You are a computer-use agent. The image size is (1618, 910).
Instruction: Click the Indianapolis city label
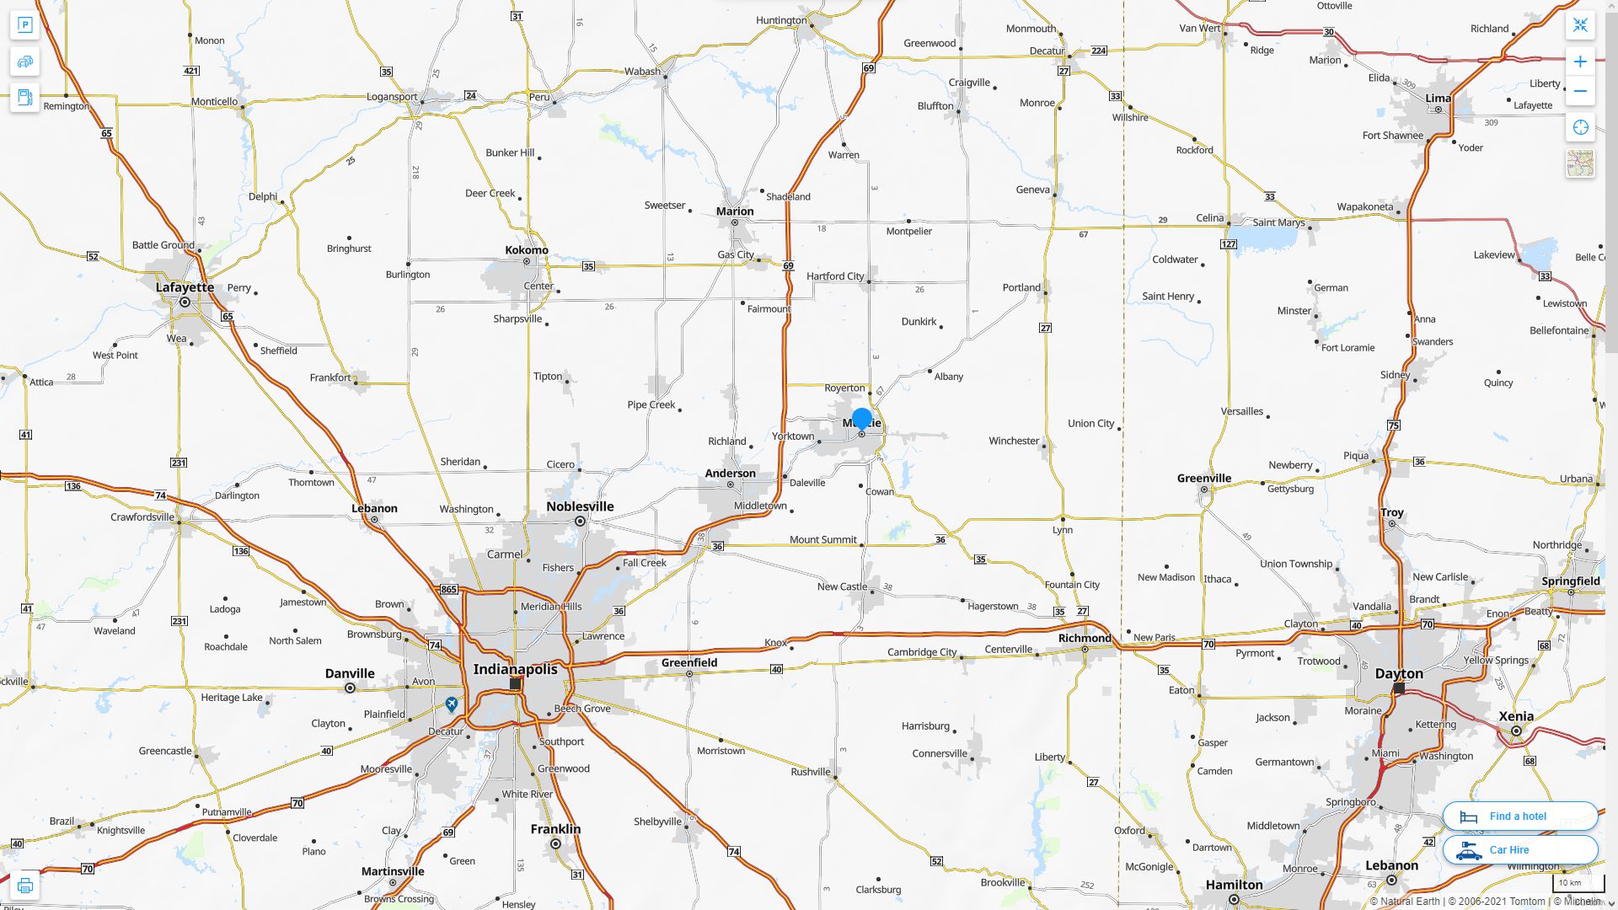click(x=515, y=669)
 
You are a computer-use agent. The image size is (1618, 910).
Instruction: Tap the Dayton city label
click(x=1399, y=673)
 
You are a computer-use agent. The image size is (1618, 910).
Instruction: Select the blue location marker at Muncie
click(x=861, y=418)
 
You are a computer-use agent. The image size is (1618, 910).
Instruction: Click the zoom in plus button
click(x=1580, y=62)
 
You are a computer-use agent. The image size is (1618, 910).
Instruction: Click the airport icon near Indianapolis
click(x=452, y=704)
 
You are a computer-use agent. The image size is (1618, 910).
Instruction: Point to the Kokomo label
click(x=527, y=249)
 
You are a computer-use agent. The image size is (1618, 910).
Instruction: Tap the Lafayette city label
click(x=185, y=286)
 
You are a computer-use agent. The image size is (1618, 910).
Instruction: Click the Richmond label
click(x=1085, y=638)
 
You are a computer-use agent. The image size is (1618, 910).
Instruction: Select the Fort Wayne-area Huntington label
click(x=781, y=20)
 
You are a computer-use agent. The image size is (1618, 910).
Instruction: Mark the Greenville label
click(x=1203, y=478)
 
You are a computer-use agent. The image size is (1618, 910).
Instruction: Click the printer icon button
click(x=24, y=886)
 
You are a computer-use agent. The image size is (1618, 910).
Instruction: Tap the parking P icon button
click(x=24, y=25)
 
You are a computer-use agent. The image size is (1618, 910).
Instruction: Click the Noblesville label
click(x=580, y=506)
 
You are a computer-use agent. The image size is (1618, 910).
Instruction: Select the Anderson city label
click(x=730, y=473)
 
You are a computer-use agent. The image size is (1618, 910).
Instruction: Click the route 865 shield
click(x=448, y=589)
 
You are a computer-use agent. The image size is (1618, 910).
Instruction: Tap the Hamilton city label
click(x=1234, y=884)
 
